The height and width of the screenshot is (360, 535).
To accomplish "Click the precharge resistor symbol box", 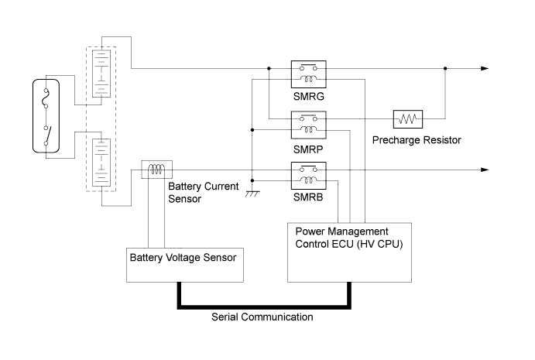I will [x=406, y=119].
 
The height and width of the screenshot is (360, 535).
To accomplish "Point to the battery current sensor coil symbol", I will [x=156, y=168].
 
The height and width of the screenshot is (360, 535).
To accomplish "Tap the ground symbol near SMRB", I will [x=252, y=194].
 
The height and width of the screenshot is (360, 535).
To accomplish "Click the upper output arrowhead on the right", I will [x=485, y=69].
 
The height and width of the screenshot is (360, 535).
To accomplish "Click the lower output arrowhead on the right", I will [x=485, y=169].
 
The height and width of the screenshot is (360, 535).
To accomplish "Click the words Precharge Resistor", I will [x=417, y=140].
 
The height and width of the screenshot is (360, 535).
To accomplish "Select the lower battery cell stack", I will [x=99, y=160].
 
